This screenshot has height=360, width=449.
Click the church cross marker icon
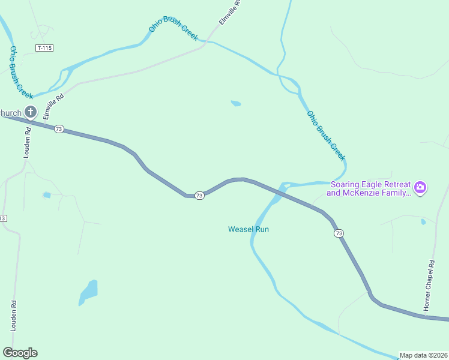tap(31, 112)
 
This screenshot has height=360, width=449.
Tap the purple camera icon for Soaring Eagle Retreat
tap(420, 188)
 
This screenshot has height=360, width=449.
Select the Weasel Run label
tap(249, 229)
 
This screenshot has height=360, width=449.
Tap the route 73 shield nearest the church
tap(58, 129)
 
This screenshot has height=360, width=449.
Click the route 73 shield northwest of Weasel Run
tap(199, 196)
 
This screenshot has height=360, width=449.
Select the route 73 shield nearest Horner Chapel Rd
tap(339, 233)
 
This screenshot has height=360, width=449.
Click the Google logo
tap(20, 353)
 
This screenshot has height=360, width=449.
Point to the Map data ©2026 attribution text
tap(423, 355)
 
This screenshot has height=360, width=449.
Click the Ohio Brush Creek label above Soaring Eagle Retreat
tap(326, 136)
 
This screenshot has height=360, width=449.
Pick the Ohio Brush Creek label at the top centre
tap(173, 32)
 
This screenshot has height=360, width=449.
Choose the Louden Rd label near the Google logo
tap(13, 316)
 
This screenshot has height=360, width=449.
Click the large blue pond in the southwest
tap(88, 293)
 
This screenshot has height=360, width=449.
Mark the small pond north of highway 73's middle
tap(236, 103)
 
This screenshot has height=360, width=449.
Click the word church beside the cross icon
tap(11, 112)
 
